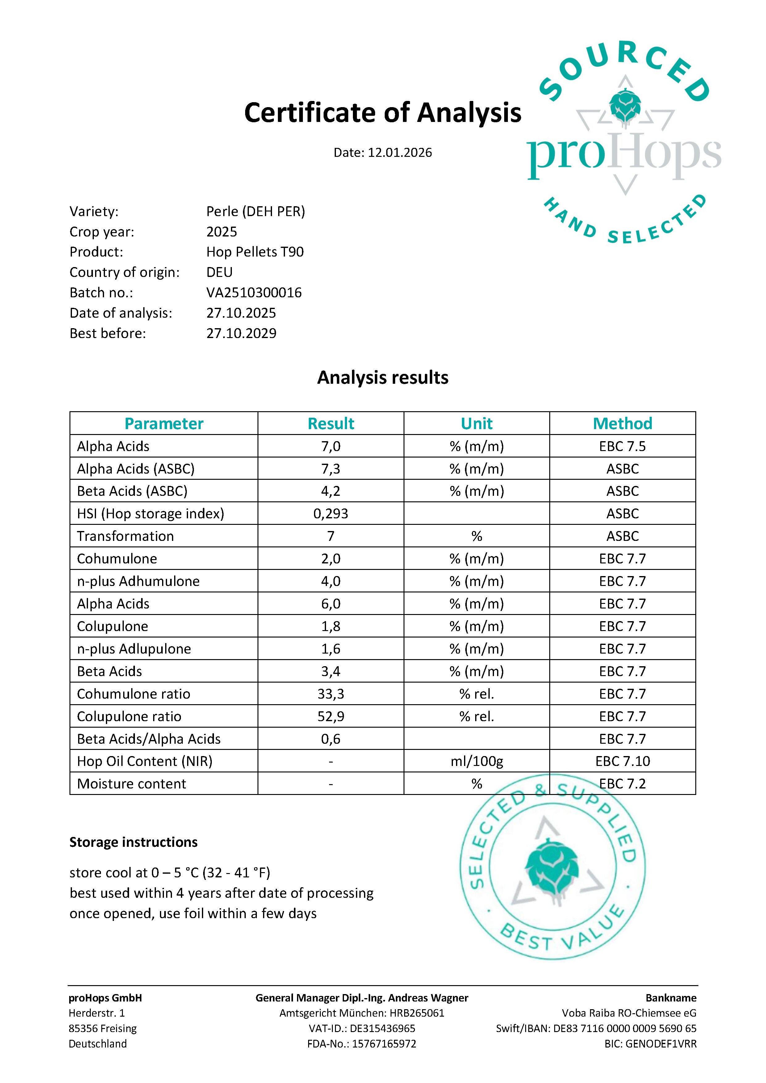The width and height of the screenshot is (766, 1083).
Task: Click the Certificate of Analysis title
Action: coord(383,113)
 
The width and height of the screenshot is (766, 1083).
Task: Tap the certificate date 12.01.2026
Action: coord(400,153)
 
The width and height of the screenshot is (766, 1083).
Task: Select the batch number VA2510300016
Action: coord(254,293)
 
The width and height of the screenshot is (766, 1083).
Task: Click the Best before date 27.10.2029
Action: coord(241,333)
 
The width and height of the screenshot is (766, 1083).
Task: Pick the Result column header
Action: coord(331,424)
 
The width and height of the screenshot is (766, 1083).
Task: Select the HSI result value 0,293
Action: coord(331,514)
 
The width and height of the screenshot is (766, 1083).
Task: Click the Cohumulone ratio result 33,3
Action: coord(331,694)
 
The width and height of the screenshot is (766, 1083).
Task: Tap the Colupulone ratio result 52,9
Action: coord(331,717)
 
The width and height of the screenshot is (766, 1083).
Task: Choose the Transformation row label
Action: coord(125,536)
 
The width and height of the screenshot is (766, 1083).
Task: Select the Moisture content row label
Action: coord(132,784)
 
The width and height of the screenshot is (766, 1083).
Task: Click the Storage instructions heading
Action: coord(133,843)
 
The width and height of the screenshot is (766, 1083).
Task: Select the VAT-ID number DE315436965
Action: coord(383,1029)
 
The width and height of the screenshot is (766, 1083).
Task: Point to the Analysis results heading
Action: coord(383,378)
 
